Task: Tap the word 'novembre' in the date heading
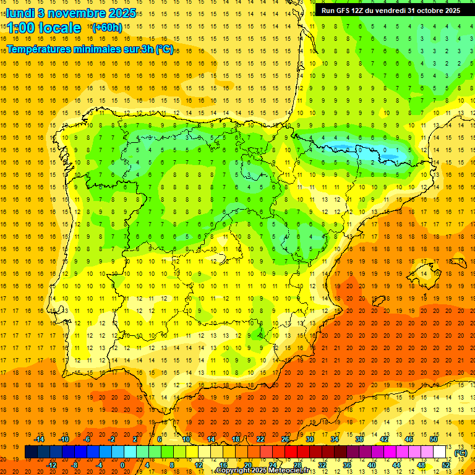point(75,13)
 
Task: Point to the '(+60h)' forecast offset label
point(107,27)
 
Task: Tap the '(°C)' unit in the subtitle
point(164,49)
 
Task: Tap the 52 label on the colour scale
point(447,465)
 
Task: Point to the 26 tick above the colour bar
point(285,439)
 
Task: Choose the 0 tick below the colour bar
point(122,465)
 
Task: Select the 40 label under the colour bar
point(372,465)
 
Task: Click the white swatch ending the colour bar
point(440,452)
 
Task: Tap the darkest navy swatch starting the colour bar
point(31,452)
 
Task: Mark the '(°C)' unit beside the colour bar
point(461,453)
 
